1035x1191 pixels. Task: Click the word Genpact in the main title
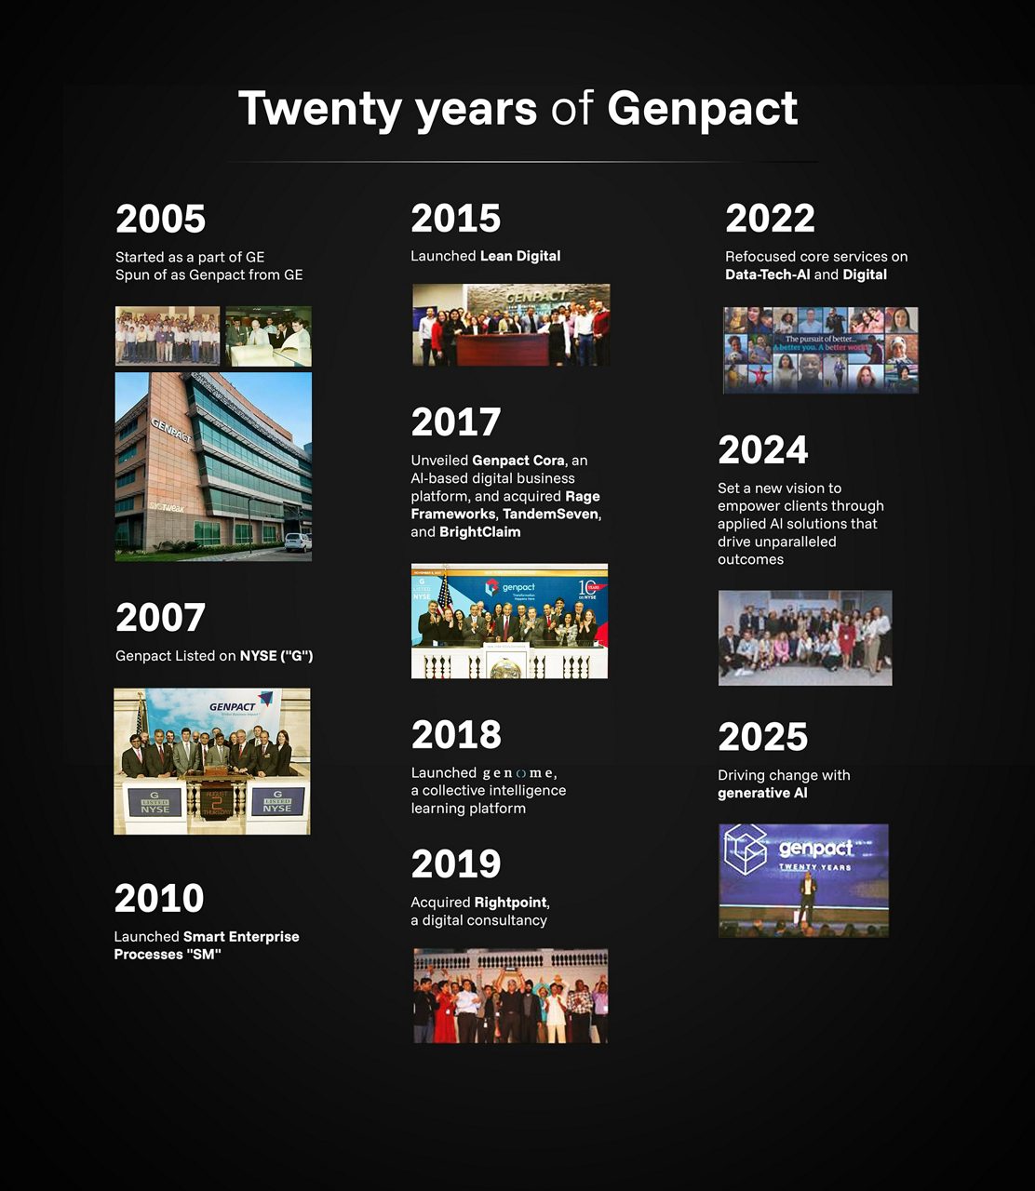click(702, 109)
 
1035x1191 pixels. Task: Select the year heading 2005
click(160, 220)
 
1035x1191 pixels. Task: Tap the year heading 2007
click(160, 618)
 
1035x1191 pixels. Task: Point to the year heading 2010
click(159, 899)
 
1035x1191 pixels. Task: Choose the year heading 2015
click(455, 219)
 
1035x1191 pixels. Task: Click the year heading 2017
click(455, 422)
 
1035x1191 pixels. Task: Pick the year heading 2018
click(456, 735)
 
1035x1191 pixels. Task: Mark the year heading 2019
click(456, 864)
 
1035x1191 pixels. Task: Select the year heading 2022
click(770, 219)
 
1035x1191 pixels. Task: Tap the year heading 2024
click(762, 450)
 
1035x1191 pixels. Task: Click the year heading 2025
click(762, 738)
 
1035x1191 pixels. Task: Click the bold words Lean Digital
click(520, 256)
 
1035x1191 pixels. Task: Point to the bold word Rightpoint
click(511, 903)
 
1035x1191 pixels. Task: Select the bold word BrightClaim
click(479, 532)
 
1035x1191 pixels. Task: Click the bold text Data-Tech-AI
click(767, 274)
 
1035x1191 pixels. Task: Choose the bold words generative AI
click(762, 794)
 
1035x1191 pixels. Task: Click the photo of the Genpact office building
click(213, 466)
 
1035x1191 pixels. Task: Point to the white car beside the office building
click(298, 542)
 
